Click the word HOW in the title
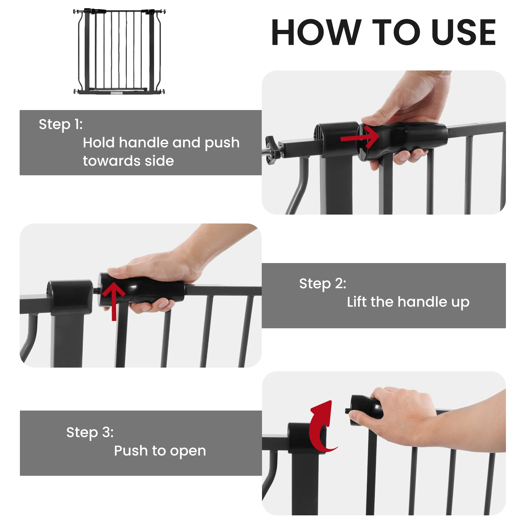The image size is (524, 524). click(x=316, y=32)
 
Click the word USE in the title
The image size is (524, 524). click(x=463, y=32)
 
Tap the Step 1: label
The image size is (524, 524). click(x=61, y=124)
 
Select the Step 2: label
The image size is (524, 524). click(x=323, y=284)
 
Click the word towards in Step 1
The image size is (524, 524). click(x=111, y=161)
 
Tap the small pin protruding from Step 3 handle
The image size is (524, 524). click(x=347, y=411)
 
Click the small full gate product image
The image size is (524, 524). click(x=119, y=52)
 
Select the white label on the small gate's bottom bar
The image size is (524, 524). click(x=117, y=93)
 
